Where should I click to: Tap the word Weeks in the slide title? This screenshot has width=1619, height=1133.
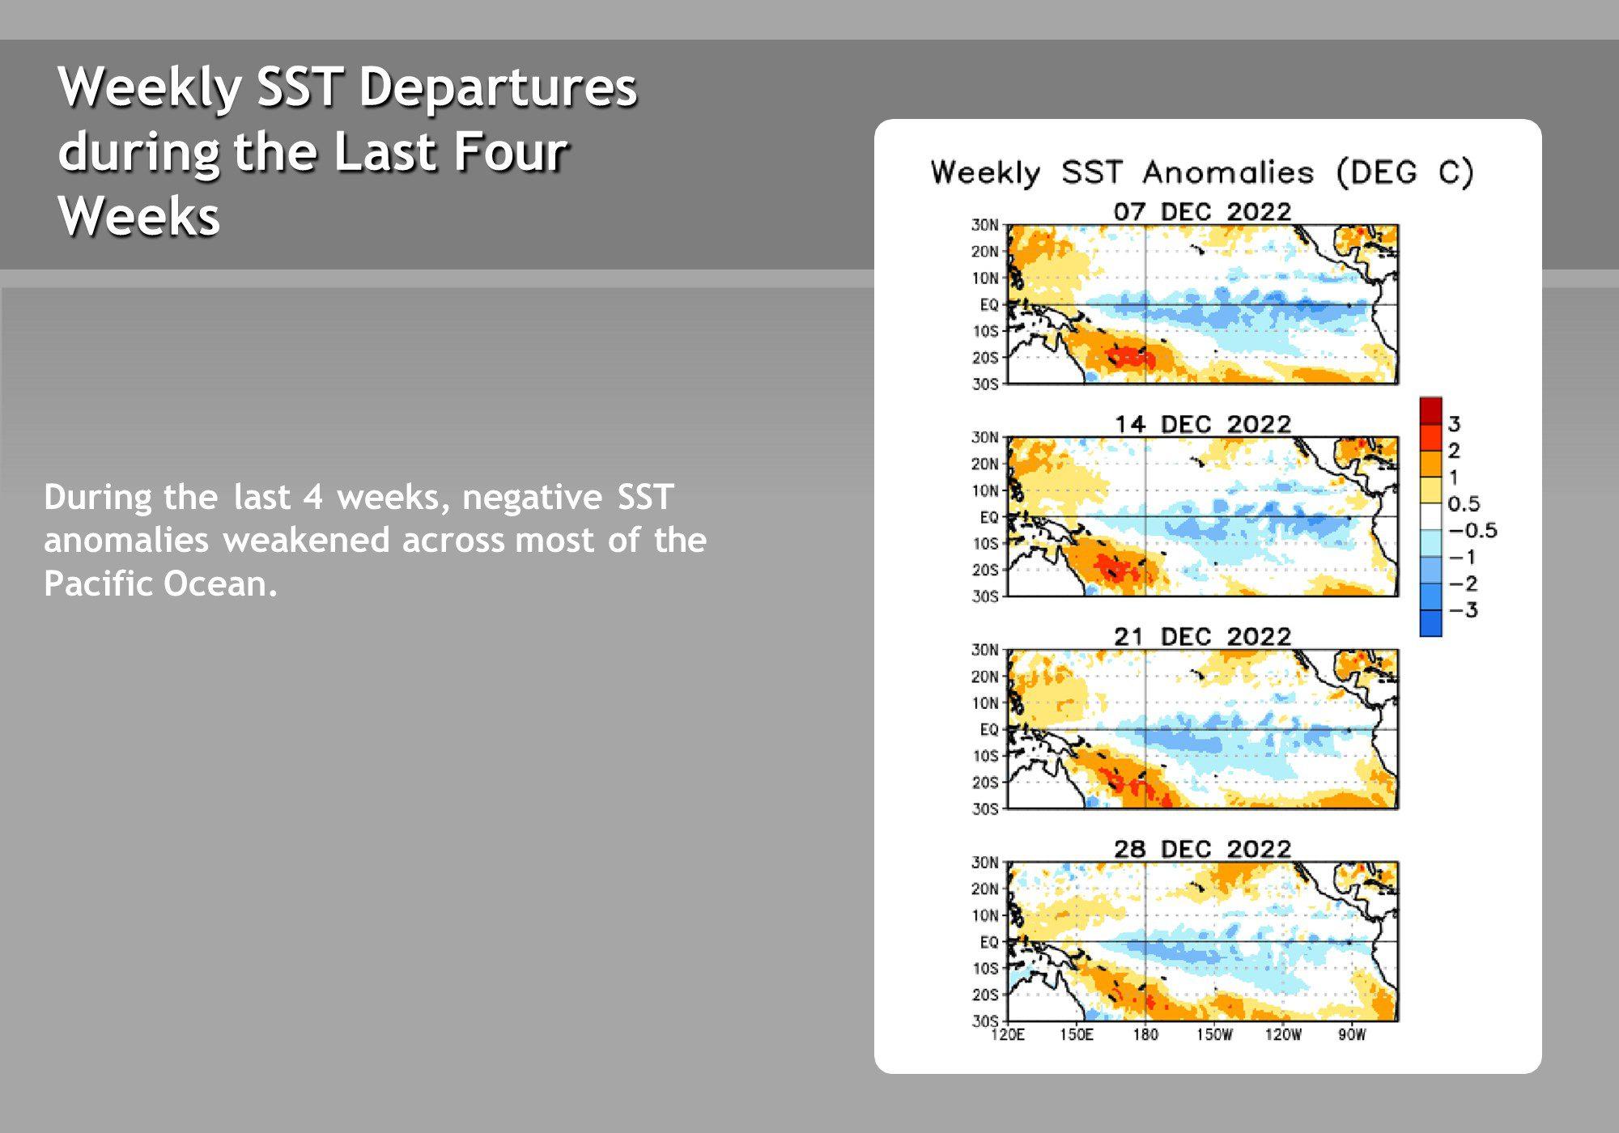pos(139,216)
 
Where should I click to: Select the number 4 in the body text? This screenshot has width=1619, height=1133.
pos(313,497)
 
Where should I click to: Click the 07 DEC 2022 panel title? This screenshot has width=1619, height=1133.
pos(1202,212)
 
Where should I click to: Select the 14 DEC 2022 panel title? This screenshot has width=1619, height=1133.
pos(1202,424)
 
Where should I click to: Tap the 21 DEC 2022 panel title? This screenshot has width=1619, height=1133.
pos(1202,637)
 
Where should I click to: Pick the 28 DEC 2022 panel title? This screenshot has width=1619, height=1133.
pos(1202,849)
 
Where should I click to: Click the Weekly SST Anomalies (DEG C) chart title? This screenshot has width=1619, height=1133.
pos(1202,173)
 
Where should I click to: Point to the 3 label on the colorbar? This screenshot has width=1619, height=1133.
pos(1454,424)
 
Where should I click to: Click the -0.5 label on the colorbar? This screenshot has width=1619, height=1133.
pos(1472,531)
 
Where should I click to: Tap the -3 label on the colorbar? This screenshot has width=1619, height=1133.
pos(1463,610)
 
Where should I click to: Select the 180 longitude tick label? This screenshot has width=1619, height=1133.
pos(1145,1035)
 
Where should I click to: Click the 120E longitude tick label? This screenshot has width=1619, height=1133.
pos(1008,1035)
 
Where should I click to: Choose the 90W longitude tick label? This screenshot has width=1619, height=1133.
pos(1352,1035)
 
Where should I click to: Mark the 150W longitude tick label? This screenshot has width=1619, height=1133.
pos(1214,1035)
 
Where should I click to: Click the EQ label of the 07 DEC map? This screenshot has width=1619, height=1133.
pos(989,305)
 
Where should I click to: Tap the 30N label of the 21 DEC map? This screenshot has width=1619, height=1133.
pos(985,650)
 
